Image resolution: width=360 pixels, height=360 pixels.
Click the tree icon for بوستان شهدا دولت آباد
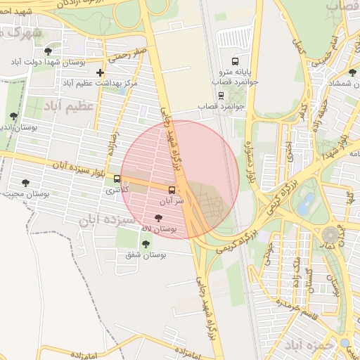48,51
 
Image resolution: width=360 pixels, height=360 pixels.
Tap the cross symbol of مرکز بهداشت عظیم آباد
101,72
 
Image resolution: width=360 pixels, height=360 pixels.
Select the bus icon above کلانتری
117,179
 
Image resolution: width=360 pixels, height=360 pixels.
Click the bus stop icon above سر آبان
172,190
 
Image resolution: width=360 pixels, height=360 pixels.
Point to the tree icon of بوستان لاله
167,219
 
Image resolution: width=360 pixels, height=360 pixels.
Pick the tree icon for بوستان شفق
146,244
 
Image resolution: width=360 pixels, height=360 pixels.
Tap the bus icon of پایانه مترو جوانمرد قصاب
235,60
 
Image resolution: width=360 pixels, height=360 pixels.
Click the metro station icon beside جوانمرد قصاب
221,95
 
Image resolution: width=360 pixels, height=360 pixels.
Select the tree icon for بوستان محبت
25,183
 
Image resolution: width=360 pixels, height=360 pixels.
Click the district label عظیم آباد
68,106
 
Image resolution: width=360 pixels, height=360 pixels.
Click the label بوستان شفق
146,255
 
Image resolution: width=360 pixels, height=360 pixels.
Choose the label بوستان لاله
158,229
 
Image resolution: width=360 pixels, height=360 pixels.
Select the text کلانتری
117,190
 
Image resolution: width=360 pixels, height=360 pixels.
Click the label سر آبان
172,201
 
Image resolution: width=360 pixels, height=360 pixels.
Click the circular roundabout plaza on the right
331,235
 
